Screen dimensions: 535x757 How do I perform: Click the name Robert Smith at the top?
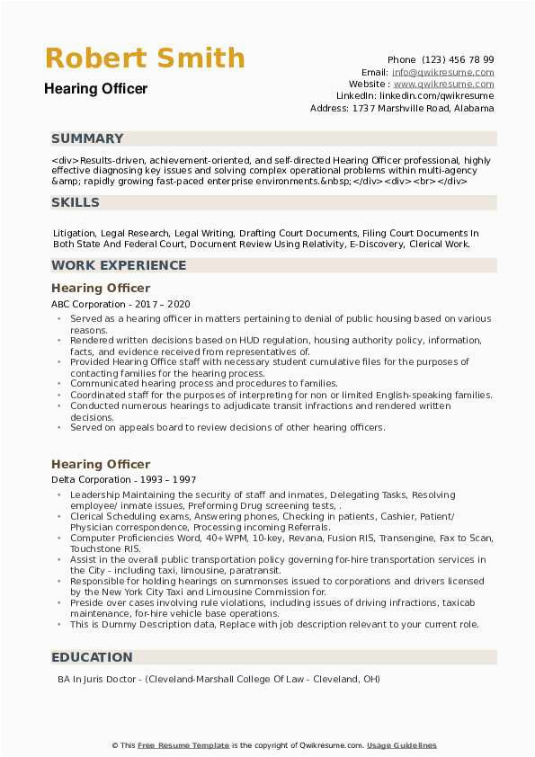coord(145,58)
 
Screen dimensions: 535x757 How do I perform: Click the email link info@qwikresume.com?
coord(442,72)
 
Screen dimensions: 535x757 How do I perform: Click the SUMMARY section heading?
coord(87,138)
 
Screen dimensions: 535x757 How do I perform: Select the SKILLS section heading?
coord(76,202)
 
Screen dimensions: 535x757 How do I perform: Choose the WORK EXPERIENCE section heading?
coord(119,265)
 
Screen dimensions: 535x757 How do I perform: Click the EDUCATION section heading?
coord(92,657)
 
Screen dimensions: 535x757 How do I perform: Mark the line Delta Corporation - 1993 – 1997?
coord(123,480)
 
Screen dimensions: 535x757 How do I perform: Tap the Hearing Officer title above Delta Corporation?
coord(101,464)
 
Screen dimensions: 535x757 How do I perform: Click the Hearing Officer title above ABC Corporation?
coord(101,289)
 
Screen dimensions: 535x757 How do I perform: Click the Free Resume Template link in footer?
coord(184,745)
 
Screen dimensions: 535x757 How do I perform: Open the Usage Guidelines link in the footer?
coord(403,745)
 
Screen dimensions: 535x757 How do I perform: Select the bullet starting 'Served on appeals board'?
coord(227,427)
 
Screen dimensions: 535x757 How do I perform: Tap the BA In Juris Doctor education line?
coord(216,679)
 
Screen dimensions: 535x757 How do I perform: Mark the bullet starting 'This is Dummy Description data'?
coord(274,624)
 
